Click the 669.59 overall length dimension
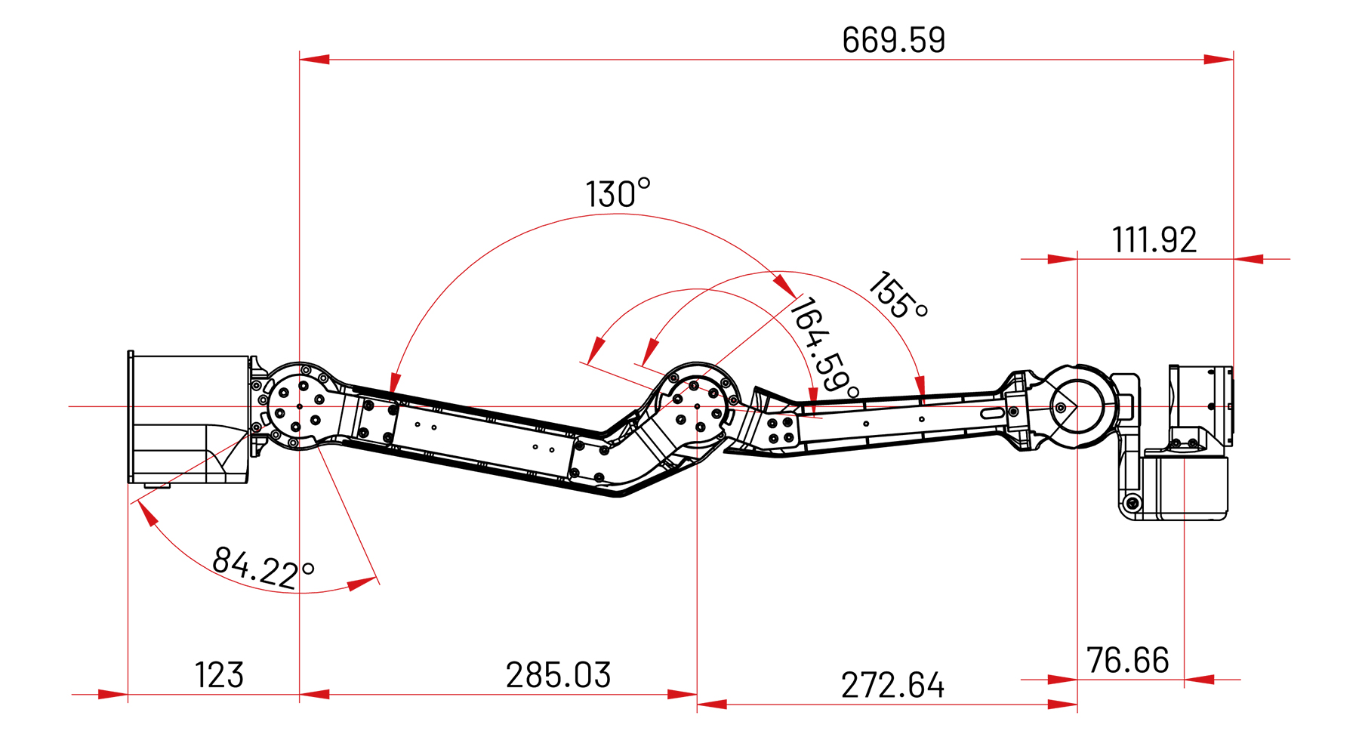coord(893,40)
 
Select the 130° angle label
coord(618,193)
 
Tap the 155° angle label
coord(898,296)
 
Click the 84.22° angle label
coord(263,568)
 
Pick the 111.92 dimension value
coord(1154,240)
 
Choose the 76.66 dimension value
coord(1127,661)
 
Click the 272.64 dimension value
coord(892,686)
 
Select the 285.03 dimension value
coord(558,675)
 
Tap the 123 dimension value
coord(219,675)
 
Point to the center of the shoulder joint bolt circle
coord(300,406)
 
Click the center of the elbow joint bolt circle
coord(697,406)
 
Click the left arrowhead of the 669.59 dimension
coord(313,59)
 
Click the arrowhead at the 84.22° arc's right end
coord(362,584)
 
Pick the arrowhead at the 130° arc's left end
coord(394,383)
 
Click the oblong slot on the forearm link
coord(993,412)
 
